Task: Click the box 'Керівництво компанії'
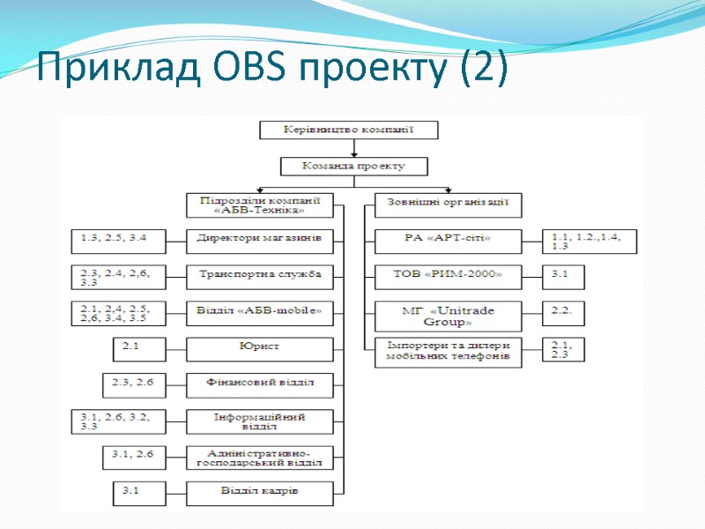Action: [348, 130]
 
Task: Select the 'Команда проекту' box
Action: [353, 166]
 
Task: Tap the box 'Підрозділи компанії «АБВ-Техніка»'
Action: [260, 205]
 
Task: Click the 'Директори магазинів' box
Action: [260, 239]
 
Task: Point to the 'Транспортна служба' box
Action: [260, 275]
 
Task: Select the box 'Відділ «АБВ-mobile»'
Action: [260, 311]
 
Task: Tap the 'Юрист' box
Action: [260, 347]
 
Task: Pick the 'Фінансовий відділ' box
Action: [260, 384]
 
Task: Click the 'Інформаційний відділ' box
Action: [260, 421]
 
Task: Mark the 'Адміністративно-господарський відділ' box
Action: [260, 457]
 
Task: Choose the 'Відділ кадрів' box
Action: [260, 492]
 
